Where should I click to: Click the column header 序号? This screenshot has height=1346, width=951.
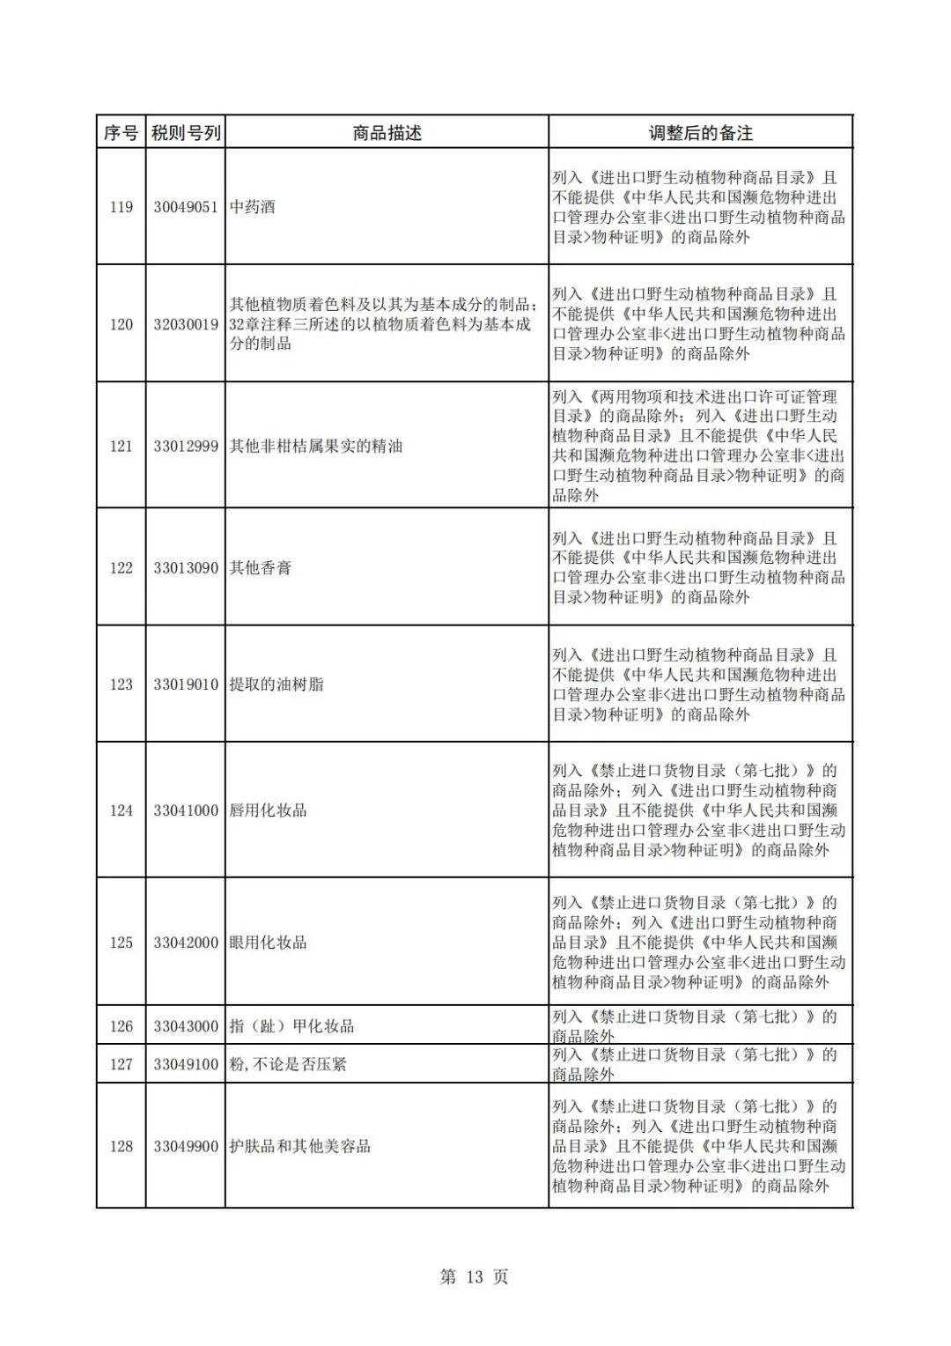pyautogui.click(x=121, y=133)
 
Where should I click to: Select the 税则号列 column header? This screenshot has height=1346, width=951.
pyautogui.click(x=186, y=133)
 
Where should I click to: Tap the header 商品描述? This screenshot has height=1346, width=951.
pyautogui.click(x=387, y=133)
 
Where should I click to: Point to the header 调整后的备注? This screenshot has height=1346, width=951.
pyautogui.click(x=700, y=133)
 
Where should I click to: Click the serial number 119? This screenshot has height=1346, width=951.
pyautogui.click(x=121, y=207)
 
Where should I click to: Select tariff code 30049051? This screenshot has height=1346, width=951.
pyautogui.click(x=186, y=207)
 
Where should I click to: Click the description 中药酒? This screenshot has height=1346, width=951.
pyautogui.click(x=253, y=207)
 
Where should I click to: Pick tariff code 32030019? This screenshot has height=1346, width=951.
pyautogui.click(x=186, y=324)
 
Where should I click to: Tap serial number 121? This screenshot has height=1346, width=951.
pyautogui.click(x=121, y=447)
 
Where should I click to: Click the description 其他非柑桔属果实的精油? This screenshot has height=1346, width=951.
pyautogui.click(x=316, y=447)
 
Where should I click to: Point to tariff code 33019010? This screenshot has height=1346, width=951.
pyautogui.click(x=186, y=684)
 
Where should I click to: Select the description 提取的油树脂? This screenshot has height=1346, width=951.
pyautogui.click(x=276, y=684)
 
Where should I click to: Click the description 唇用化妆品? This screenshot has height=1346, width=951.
pyautogui.click(x=269, y=810)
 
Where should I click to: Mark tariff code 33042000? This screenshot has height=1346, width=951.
pyautogui.click(x=186, y=943)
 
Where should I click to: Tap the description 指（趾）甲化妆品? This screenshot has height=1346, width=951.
pyautogui.click(x=291, y=1026)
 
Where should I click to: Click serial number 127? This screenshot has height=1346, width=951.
pyautogui.click(x=121, y=1064)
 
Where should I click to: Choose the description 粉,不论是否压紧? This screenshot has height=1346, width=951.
pyautogui.click(x=288, y=1064)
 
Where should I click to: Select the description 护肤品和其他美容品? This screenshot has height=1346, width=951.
pyautogui.click(x=300, y=1146)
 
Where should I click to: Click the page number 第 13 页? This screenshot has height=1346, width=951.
pyautogui.click(x=475, y=1276)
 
